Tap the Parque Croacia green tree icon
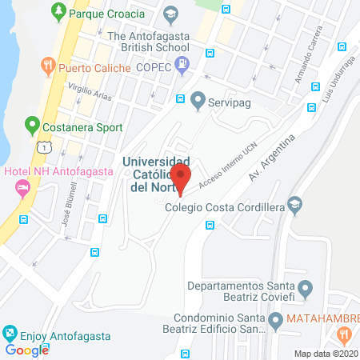[x=58, y=12]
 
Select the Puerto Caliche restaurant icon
[x=48, y=66]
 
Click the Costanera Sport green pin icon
[x=32, y=126]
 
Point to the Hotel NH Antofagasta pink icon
[x=22, y=187]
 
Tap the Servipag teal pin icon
[x=198, y=99]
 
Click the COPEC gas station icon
[x=185, y=62]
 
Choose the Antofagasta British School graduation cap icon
[x=170, y=14]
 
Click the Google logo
[x=26, y=350]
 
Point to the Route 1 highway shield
[x=47, y=146]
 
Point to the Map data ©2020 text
[x=325, y=353]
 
